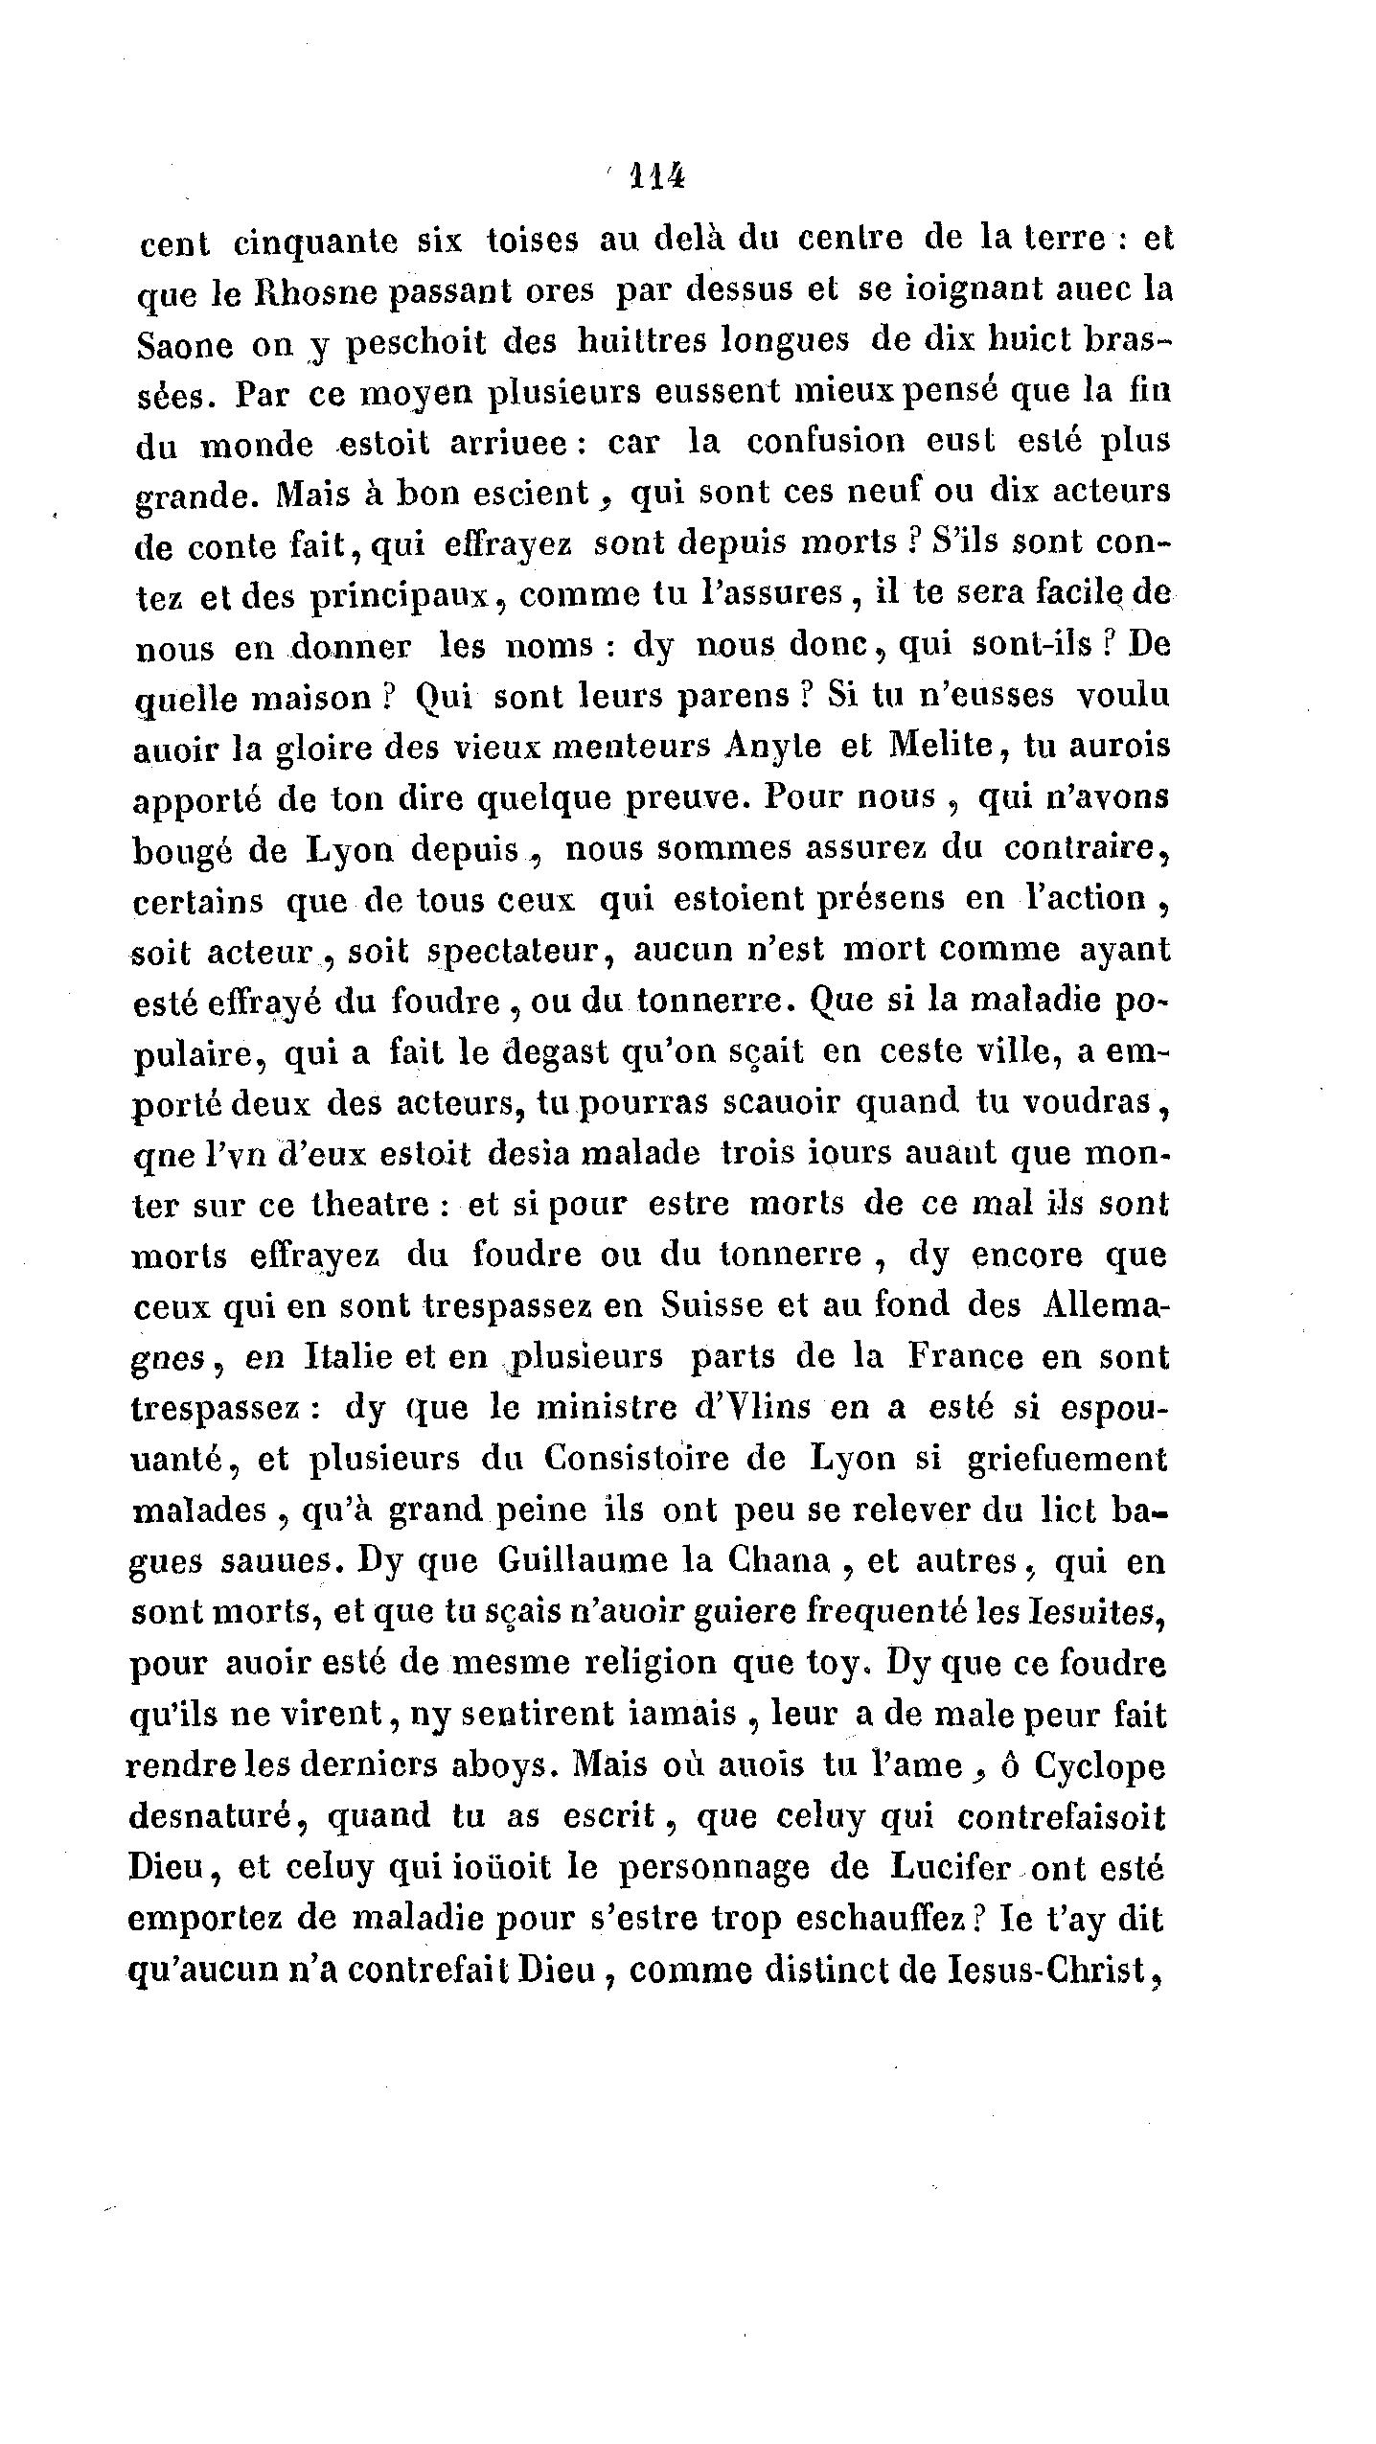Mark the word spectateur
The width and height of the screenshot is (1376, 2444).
pos(514,951)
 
